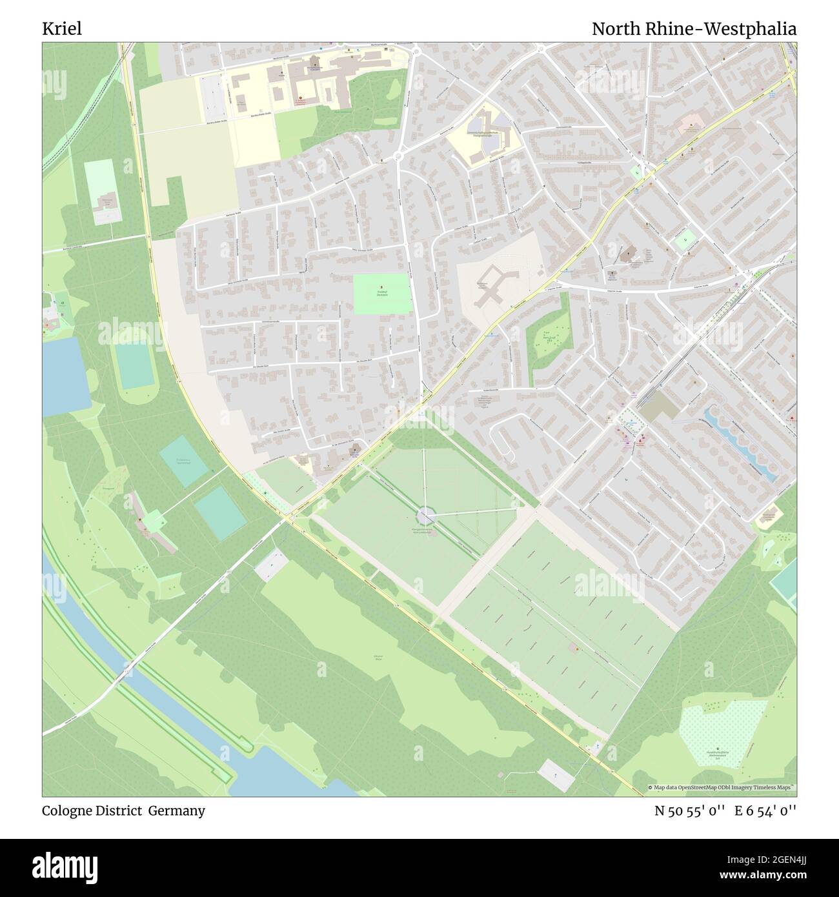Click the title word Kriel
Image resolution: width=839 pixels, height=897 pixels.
coord(62,29)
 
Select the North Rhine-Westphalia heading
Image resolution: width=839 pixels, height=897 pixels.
coord(694,29)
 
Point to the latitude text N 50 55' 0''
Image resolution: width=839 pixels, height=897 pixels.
coord(691,811)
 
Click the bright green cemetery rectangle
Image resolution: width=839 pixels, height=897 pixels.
coord(382,294)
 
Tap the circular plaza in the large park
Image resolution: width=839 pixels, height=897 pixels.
coord(425,516)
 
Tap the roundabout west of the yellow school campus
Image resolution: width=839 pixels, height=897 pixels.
coord(398,156)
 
